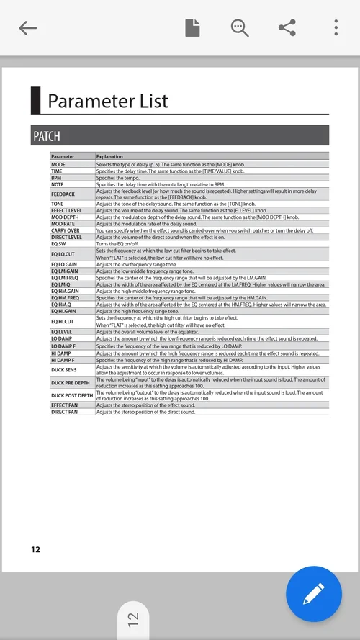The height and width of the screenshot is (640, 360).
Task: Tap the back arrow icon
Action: pos(28,28)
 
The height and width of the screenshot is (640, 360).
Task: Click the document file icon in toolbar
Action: pos(192,28)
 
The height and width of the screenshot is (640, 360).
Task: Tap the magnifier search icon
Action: pos(239,28)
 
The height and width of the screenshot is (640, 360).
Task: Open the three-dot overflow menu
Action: pos(336,28)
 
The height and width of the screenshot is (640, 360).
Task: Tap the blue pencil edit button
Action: pos(313,594)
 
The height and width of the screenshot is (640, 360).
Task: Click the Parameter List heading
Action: pos(108,101)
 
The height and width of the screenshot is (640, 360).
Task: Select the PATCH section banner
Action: pos(180,136)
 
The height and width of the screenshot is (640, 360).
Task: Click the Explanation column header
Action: pos(109,156)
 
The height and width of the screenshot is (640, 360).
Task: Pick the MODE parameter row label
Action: pos(58,164)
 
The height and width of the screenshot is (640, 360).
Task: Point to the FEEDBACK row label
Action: pos(63,194)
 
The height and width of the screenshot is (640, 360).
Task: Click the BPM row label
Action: pos(56,177)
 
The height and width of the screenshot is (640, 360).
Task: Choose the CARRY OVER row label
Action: pos(66,230)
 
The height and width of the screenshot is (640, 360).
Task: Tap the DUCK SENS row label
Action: pos(64,369)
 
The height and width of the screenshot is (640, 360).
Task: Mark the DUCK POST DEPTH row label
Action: pos(72,395)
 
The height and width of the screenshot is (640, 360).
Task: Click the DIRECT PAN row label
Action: pos(65,412)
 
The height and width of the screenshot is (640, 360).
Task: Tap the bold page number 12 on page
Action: pos(35,550)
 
